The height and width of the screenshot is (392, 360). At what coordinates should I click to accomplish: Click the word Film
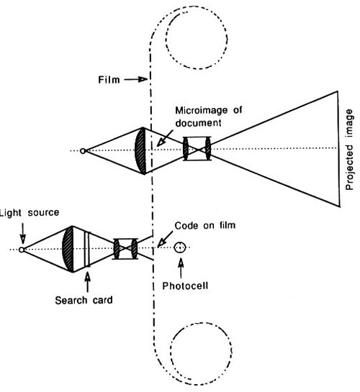click(x=109, y=80)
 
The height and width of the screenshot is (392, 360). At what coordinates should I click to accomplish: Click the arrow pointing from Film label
click(x=136, y=80)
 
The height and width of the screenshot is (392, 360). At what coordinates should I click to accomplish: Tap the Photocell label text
click(x=185, y=286)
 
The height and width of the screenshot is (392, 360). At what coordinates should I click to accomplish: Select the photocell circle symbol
click(x=180, y=247)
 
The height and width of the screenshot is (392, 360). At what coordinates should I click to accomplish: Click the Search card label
click(x=84, y=300)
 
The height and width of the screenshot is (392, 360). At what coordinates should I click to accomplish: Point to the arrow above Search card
click(x=87, y=282)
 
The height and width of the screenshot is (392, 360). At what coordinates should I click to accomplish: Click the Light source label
click(x=30, y=213)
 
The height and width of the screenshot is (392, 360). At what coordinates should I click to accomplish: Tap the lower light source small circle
click(x=22, y=250)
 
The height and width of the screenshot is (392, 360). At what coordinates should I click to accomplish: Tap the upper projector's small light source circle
click(x=83, y=151)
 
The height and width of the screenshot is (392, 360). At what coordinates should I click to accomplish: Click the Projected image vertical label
click(x=349, y=150)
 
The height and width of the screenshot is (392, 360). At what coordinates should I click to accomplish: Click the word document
click(x=198, y=123)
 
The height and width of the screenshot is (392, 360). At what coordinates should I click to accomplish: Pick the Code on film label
click(x=205, y=226)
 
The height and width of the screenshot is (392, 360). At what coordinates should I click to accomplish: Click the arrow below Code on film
click(x=165, y=239)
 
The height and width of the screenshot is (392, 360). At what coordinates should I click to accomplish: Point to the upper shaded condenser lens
click(x=140, y=151)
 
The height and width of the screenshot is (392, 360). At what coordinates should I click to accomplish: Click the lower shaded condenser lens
click(x=68, y=249)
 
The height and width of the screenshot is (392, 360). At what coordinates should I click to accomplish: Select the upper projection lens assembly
click(x=197, y=148)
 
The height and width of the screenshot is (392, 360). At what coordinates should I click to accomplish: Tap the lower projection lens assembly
click(x=125, y=249)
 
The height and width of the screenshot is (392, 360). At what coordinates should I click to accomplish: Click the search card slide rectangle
click(x=87, y=250)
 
